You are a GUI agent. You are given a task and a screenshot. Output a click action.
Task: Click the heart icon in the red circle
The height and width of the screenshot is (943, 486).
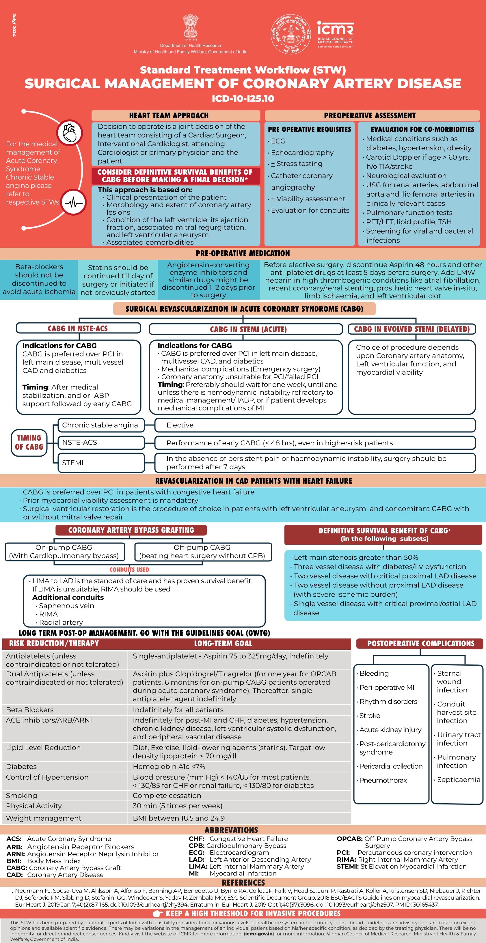point(70,132)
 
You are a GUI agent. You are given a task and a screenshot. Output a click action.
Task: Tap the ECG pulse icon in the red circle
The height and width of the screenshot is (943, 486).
point(74,202)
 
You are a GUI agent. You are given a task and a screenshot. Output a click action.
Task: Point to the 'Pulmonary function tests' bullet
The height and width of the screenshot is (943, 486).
point(409,213)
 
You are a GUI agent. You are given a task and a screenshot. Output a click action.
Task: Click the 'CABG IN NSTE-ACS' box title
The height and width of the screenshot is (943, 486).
point(78,328)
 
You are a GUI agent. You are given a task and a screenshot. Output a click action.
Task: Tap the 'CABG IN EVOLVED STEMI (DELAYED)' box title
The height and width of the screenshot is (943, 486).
point(412,329)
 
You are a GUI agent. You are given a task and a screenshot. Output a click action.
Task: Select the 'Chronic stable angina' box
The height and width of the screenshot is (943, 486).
point(100,425)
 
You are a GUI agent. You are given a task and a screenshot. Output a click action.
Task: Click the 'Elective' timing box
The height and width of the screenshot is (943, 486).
point(315,425)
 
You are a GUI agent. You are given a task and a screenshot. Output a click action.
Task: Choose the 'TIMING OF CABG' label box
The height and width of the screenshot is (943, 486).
point(29,442)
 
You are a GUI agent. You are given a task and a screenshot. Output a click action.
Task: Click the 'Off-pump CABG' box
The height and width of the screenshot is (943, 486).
point(202,552)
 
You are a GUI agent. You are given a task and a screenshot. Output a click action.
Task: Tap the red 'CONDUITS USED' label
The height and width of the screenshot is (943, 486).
point(129,569)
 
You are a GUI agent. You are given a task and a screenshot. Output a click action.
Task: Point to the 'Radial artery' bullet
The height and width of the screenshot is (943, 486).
point(61,622)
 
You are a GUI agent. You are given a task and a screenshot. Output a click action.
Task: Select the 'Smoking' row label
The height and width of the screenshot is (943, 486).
point(21,796)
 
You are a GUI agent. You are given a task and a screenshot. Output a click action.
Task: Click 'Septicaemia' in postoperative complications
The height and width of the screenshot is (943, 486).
point(459,780)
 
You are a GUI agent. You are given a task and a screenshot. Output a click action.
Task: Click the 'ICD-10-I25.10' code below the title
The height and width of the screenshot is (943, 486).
point(243,98)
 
